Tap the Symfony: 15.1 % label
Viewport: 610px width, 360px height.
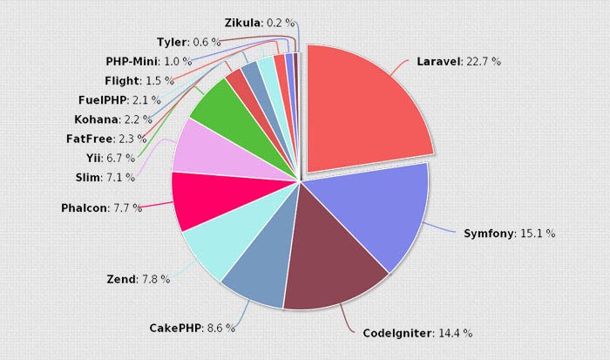pos(509,234)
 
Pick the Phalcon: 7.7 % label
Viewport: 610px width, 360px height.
pos(101,208)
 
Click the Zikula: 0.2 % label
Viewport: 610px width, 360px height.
pos(259,24)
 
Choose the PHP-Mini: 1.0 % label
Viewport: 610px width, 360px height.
pos(148,61)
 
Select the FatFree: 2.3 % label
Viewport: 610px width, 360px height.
pos(105,139)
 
